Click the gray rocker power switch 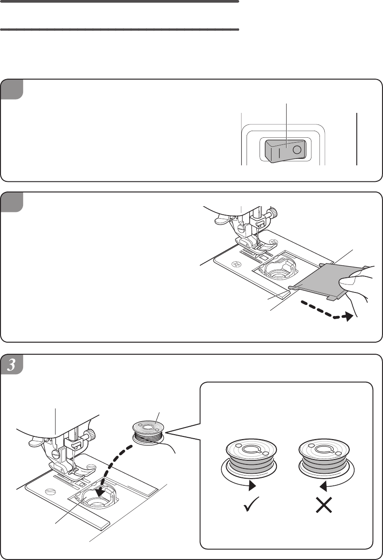[285, 151]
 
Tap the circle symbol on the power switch [297, 150]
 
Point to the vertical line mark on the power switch [279, 153]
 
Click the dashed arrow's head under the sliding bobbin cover [349, 316]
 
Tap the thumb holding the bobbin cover [348, 281]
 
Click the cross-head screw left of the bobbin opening [236, 264]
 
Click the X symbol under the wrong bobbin [324, 505]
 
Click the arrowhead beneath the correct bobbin [252, 485]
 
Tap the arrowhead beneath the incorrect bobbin [323, 485]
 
